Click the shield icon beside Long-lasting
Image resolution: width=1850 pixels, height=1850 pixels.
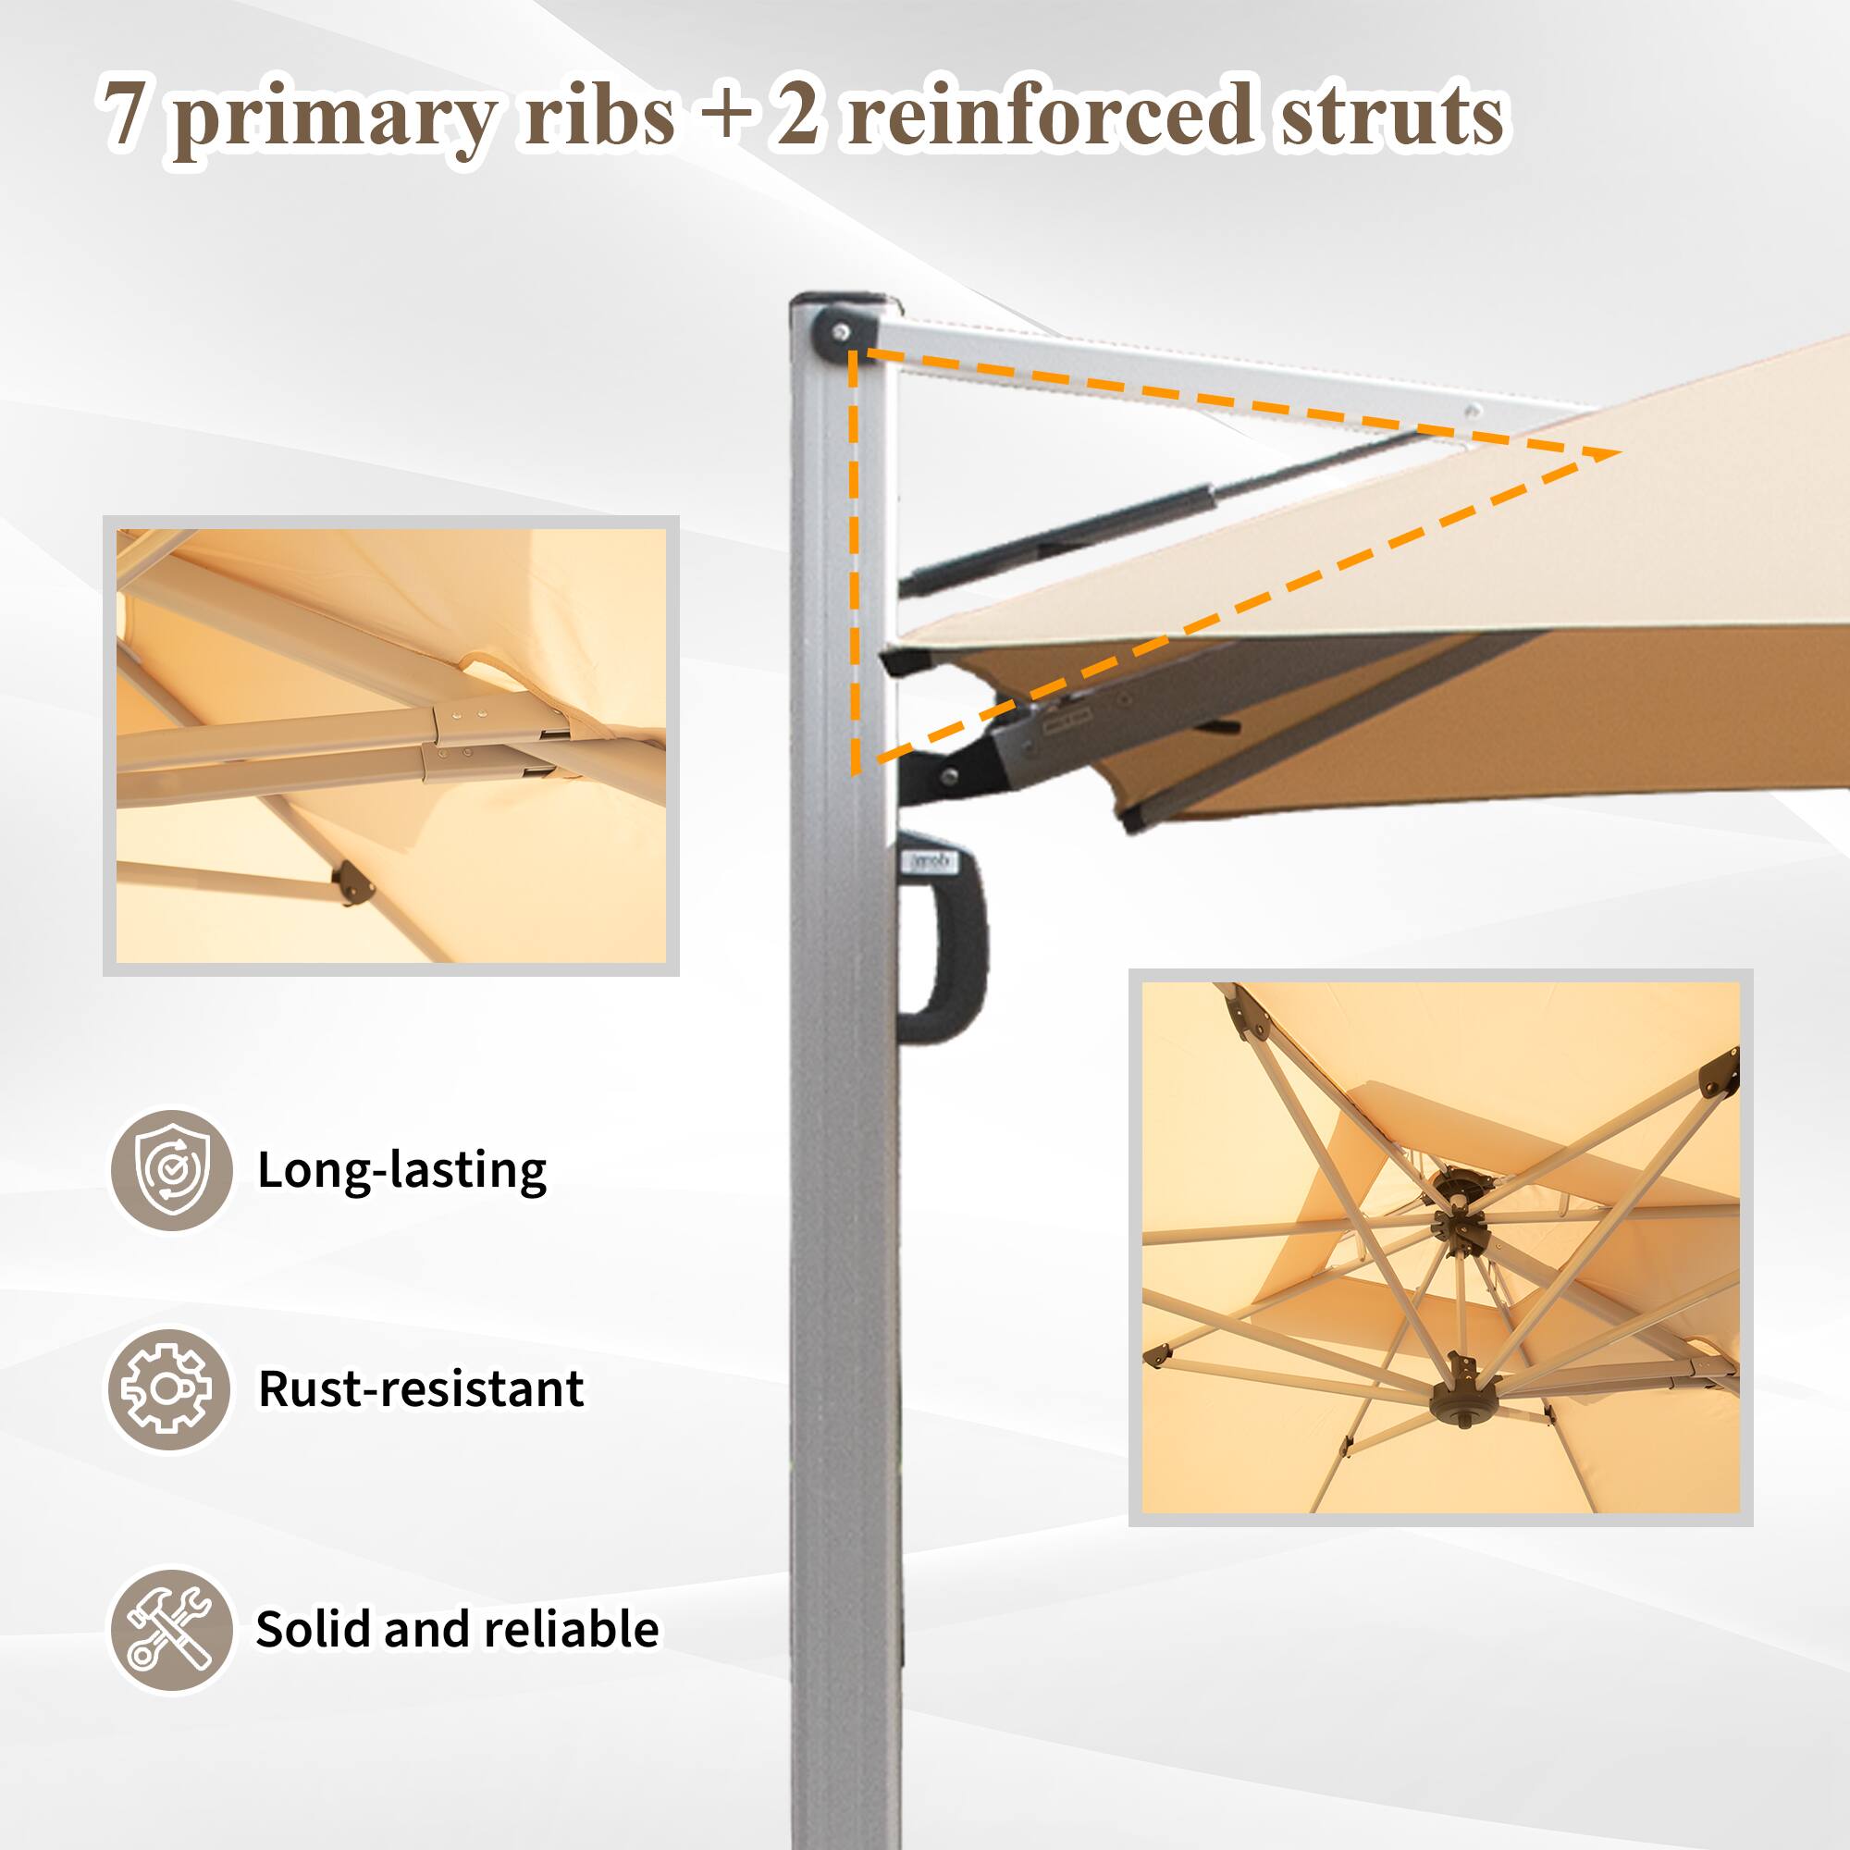click(x=171, y=1170)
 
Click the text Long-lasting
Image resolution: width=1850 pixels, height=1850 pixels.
click(x=402, y=1170)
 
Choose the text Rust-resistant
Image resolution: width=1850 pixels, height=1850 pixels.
click(x=421, y=1388)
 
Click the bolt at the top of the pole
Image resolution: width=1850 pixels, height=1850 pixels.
click(x=841, y=332)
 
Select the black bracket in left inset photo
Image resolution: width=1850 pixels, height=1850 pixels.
click(x=351, y=882)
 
